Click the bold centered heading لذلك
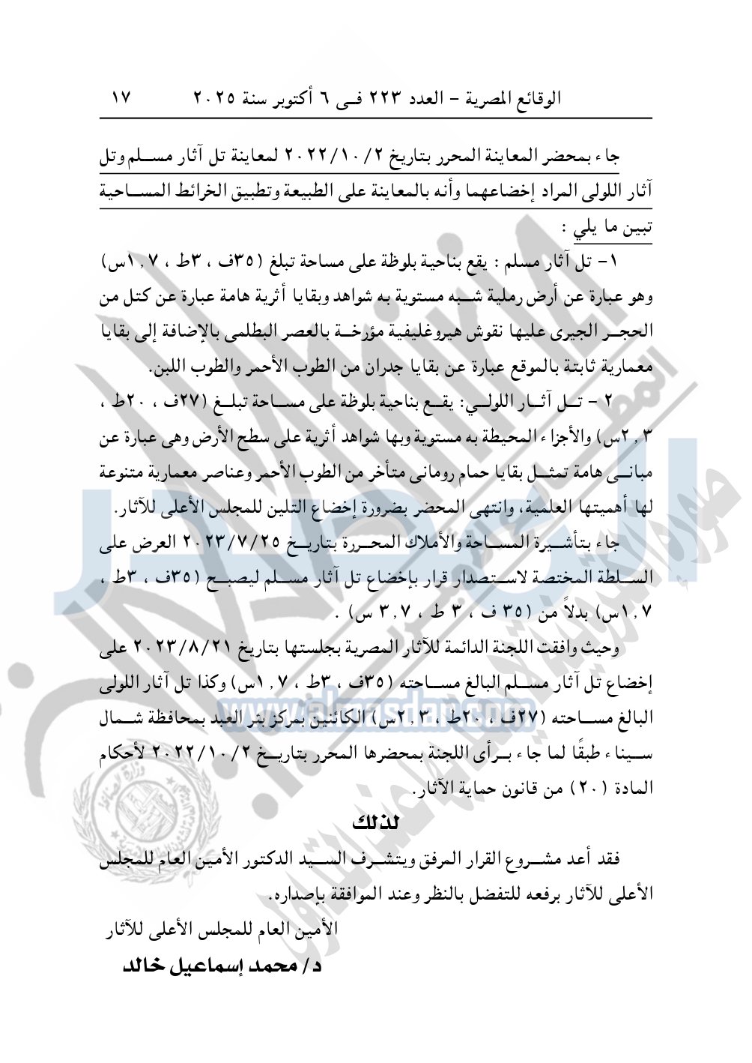(x=376, y=823)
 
